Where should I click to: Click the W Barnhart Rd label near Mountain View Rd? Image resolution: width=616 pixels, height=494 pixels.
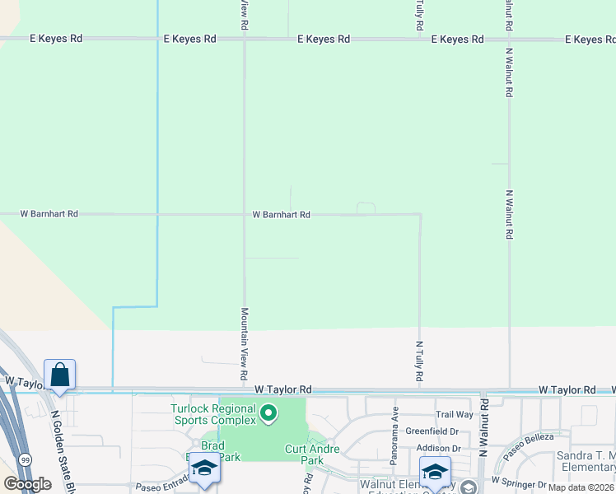(281, 215)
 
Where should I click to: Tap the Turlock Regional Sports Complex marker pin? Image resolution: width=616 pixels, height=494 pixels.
(268, 412)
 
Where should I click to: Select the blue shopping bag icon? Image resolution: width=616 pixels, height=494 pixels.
(60, 375)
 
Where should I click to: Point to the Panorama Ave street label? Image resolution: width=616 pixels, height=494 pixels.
(395, 422)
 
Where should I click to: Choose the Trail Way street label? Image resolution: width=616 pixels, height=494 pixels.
(455, 415)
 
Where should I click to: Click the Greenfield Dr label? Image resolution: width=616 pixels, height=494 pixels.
(432, 431)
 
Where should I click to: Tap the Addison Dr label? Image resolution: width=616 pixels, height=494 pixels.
(438, 448)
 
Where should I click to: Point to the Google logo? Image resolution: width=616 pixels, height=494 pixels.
(28, 484)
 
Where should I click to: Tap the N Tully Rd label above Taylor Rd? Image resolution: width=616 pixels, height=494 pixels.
(420, 361)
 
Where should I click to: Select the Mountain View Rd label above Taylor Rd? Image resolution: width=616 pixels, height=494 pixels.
(245, 343)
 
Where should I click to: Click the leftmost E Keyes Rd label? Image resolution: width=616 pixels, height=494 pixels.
(56, 39)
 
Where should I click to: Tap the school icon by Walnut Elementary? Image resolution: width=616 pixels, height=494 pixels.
(435, 472)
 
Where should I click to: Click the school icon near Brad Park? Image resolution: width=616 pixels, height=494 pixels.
(203, 468)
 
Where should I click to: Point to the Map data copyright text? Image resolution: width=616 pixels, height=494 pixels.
(581, 487)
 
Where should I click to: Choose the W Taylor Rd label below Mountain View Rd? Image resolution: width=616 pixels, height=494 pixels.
(283, 389)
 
